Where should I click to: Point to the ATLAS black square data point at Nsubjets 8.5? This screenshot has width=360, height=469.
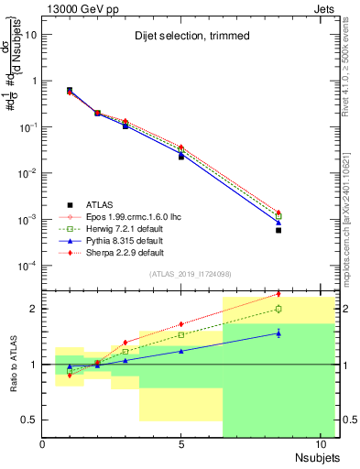[x=278, y=230]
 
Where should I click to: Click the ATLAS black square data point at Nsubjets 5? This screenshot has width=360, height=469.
[x=181, y=157]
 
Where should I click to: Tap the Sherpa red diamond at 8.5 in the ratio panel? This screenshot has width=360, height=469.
[x=278, y=294]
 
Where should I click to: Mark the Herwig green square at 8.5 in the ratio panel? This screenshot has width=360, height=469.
[x=278, y=309]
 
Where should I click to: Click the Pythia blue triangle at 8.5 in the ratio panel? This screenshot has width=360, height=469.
[x=278, y=333]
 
